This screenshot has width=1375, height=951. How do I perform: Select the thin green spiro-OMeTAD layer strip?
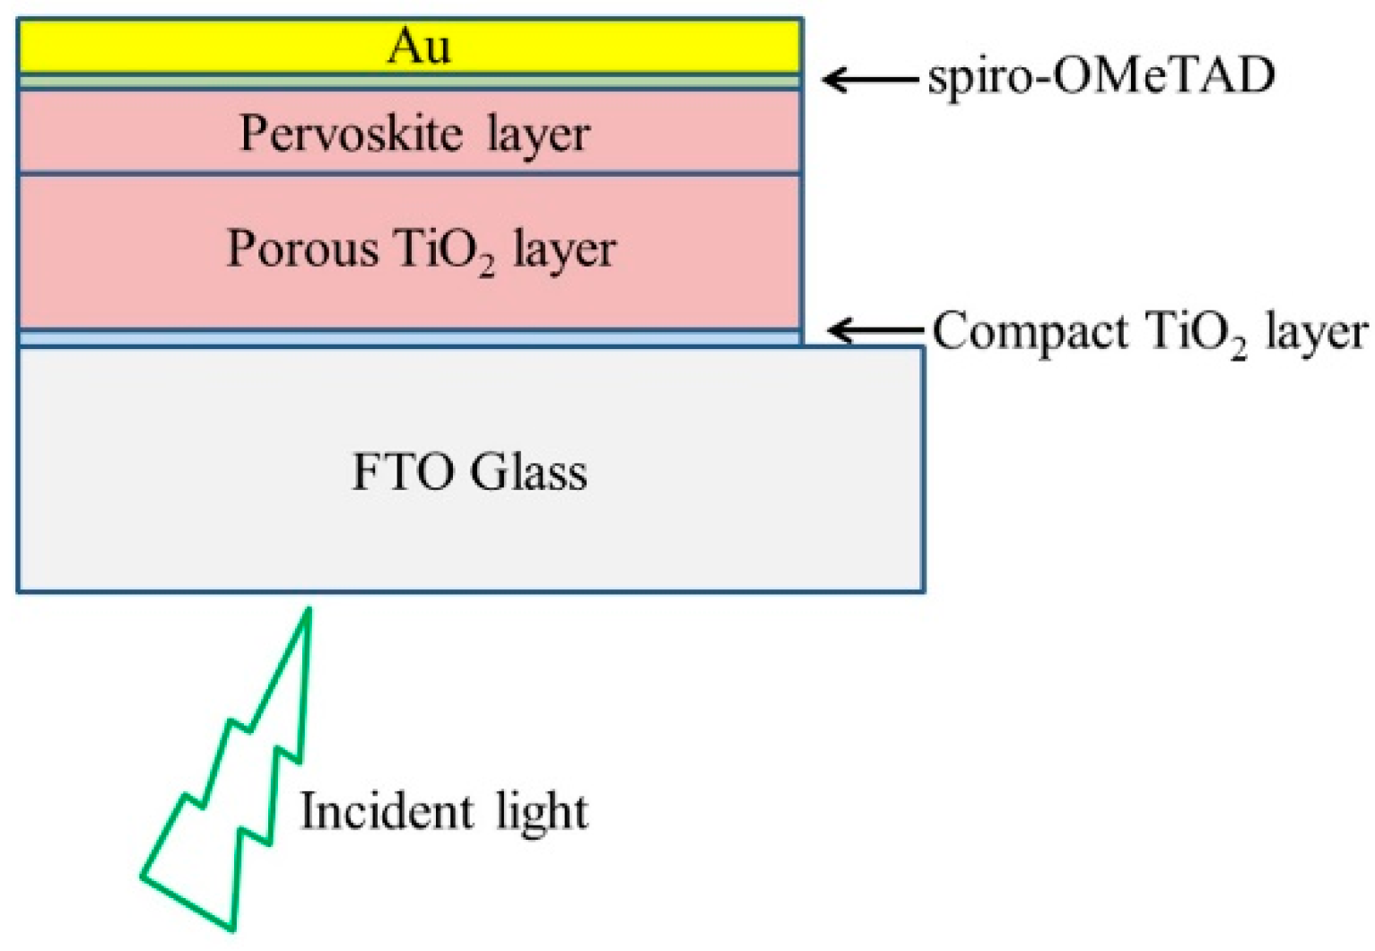coord(409,82)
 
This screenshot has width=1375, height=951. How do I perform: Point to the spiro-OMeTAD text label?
coord(1101,75)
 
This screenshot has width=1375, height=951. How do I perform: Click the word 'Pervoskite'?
coord(350,135)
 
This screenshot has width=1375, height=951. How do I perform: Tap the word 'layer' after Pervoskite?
coord(538,136)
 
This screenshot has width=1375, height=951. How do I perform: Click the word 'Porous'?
coord(302,249)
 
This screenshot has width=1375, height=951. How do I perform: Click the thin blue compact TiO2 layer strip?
coord(409,338)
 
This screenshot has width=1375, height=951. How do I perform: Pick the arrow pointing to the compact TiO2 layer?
coord(875,331)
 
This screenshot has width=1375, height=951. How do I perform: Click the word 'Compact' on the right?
coord(1030,332)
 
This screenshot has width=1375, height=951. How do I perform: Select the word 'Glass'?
coord(528,472)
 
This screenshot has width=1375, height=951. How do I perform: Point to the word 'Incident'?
coord(386,811)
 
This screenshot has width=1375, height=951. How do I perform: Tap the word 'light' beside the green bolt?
coord(543,813)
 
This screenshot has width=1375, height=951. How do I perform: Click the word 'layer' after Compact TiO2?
coord(1316,334)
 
